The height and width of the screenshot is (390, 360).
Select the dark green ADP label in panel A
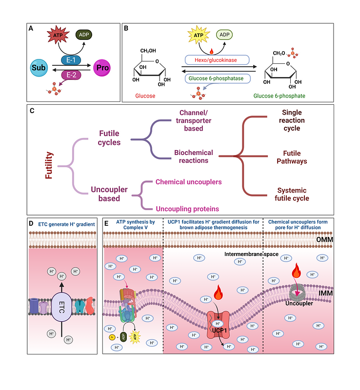tap(85, 35)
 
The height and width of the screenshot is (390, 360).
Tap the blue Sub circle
tap(39, 68)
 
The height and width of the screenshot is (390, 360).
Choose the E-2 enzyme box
tap(71, 74)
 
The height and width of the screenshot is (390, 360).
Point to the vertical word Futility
tap(49, 165)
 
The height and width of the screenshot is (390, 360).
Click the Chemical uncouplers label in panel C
tap(188, 182)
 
